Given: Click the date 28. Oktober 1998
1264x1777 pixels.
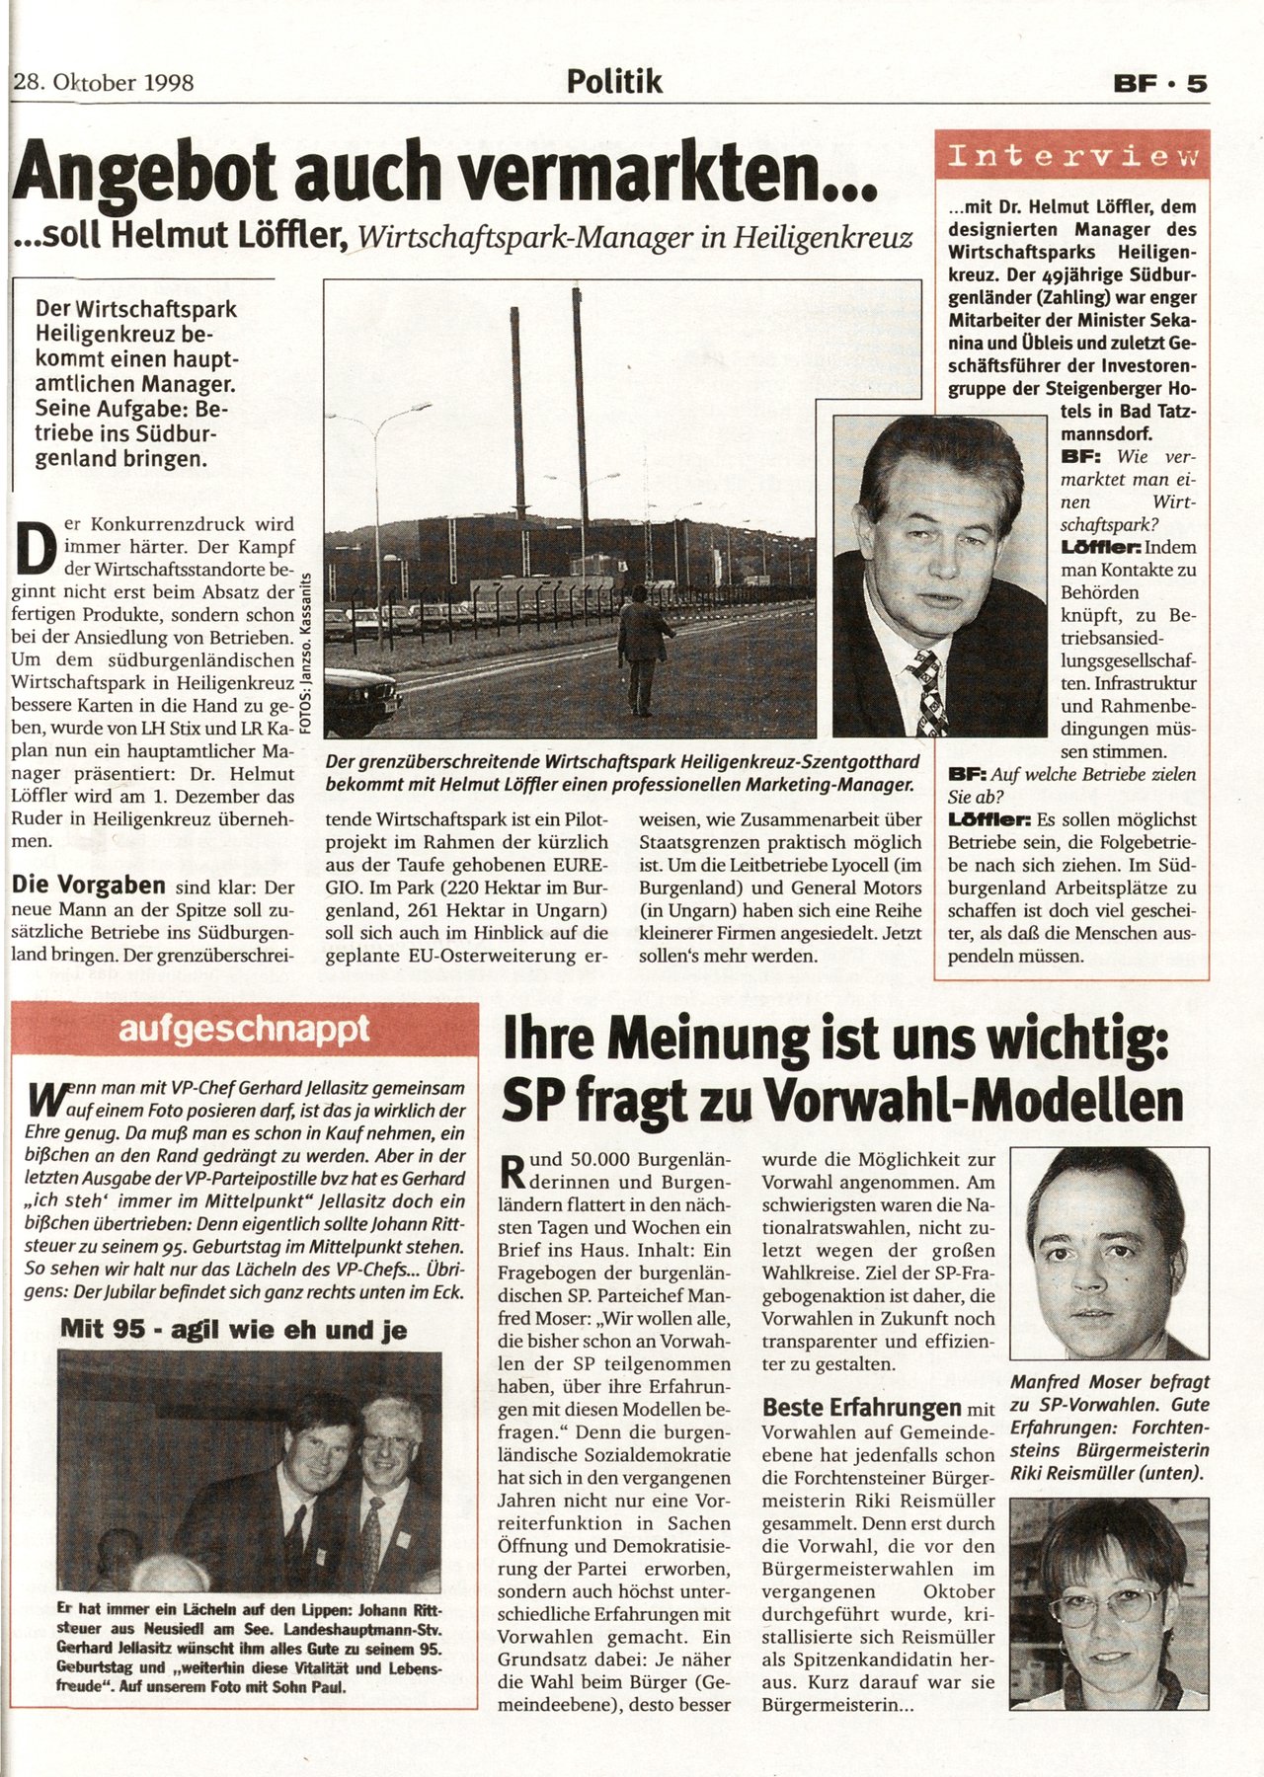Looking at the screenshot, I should [x=104, y=82].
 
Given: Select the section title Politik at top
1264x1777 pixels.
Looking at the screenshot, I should [x=614, y=81].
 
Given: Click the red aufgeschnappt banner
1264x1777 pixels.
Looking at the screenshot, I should [x=244, y=1030].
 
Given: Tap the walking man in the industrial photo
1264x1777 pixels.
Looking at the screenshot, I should [x=642, y=647].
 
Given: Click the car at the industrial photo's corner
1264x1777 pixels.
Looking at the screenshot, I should [x=360, y=698].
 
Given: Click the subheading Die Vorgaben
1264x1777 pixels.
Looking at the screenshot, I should [x=88, y=885].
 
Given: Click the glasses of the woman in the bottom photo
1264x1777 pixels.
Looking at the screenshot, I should [x=1104, y=1606].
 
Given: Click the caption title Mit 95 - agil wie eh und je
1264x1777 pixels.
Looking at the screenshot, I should [x=234, y=1330].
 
